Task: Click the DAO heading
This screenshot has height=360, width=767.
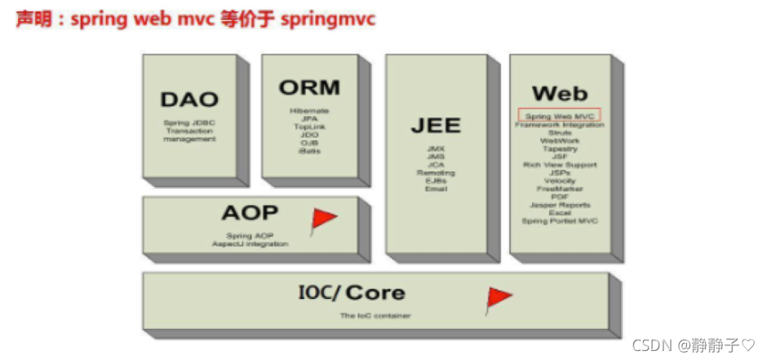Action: pyautogui.click(x=189, y=100)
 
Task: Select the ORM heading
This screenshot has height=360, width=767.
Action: pyautogui.click(x=309, y=87)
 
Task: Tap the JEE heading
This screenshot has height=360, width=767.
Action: pyautogui.click(x=435, y=126)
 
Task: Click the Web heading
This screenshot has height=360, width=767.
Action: pyautogui.click(x=559, y=93)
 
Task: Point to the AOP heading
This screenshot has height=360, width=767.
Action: pyautogui.click(x=250, y=214)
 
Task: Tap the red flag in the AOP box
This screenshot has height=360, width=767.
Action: pyautogui.click(x=324, y=219)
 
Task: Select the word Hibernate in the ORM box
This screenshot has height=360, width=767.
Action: pyautogui.click(x=309, y=111)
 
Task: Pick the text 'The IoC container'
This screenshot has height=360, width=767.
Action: pyautogui.click(x=375, y=315)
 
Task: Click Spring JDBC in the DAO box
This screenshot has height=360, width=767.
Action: pyautogui.click(x=189, y=123)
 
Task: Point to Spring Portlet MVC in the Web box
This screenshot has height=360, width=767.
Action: pyautogui.click(x=559, y=221)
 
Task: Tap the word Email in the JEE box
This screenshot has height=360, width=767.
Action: pyautogui.click(x=436, y=189)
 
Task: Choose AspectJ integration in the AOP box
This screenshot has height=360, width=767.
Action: pyautogui.click(x=250, y=244)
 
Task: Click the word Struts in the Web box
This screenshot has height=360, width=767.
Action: pyautogui.click(x=560, y=133)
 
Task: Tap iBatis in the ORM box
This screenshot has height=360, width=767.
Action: pyautogui.click(x=309, y=151)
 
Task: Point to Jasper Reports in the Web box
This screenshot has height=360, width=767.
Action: pyautogui.click(x=559, y=205)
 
